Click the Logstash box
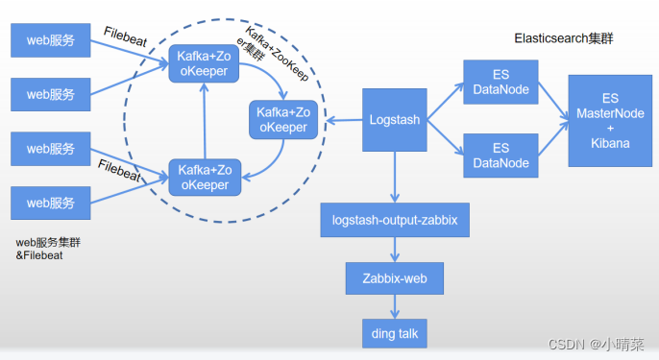click(x=395, y=120)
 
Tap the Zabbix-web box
click(x=394, y=278)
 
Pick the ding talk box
click(x=394, y=332)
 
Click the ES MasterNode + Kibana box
click(x=610, y=120)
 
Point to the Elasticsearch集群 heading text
click(x=564, y=39)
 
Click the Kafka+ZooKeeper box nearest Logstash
click(x=282, y=120)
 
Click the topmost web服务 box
click(x=50, y=40)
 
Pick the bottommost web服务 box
click(x=50, y=203)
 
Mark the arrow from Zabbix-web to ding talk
click(x=394, y=306)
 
